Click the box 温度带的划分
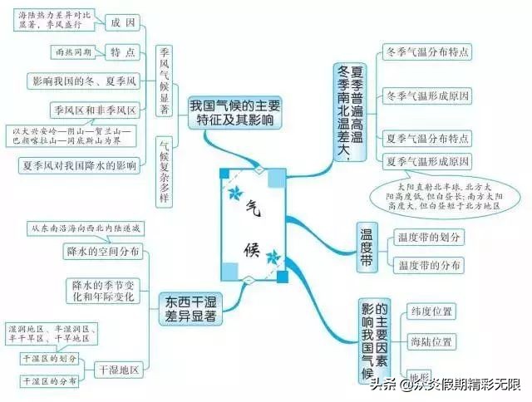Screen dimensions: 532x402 coord(429,238)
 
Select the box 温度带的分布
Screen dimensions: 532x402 coord(429,265)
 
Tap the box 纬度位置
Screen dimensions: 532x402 coord(431,311)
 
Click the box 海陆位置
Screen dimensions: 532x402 coord(431,341)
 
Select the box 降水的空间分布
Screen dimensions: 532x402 coord(103,249)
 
